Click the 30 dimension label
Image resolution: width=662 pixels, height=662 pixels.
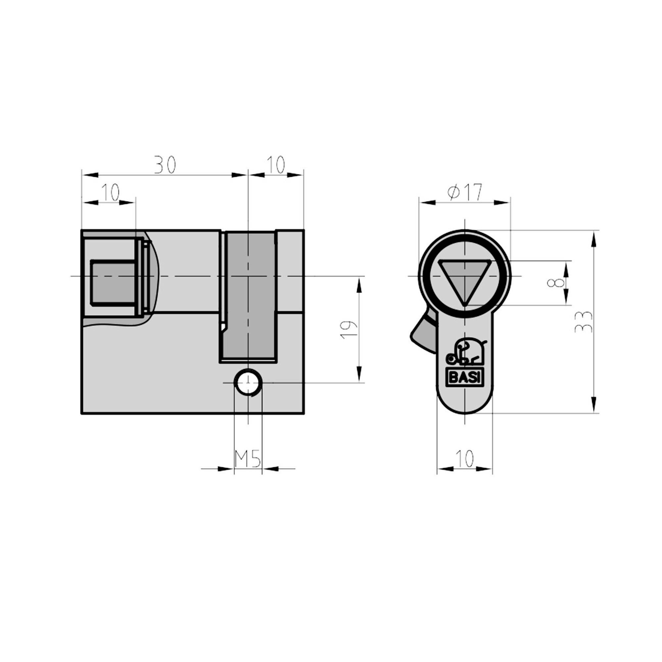point(165,165)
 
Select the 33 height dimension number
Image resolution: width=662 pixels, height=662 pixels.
point(583,322)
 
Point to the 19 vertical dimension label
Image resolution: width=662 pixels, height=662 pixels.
point(349,330)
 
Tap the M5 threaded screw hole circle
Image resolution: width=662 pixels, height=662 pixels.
point(248,382)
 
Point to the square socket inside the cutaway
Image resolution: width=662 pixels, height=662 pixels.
point(113,282)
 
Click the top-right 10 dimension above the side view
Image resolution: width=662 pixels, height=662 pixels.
point(275,165)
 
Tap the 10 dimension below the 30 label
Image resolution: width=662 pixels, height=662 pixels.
point(110,192)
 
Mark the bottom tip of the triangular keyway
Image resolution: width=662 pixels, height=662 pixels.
point(464,305)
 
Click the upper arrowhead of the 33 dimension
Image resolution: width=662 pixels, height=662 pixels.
point(593,238)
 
